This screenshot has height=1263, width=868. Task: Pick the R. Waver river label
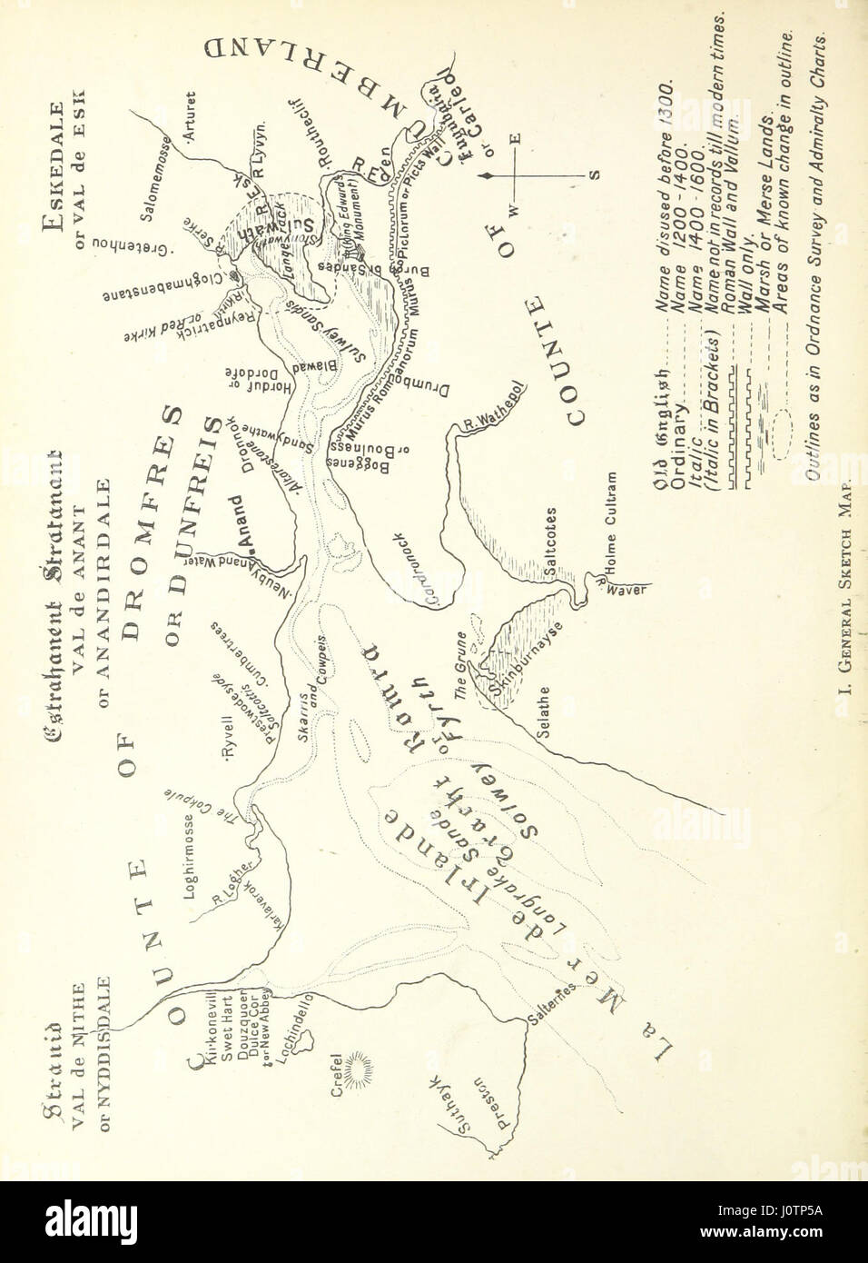[x=618, y=587]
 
